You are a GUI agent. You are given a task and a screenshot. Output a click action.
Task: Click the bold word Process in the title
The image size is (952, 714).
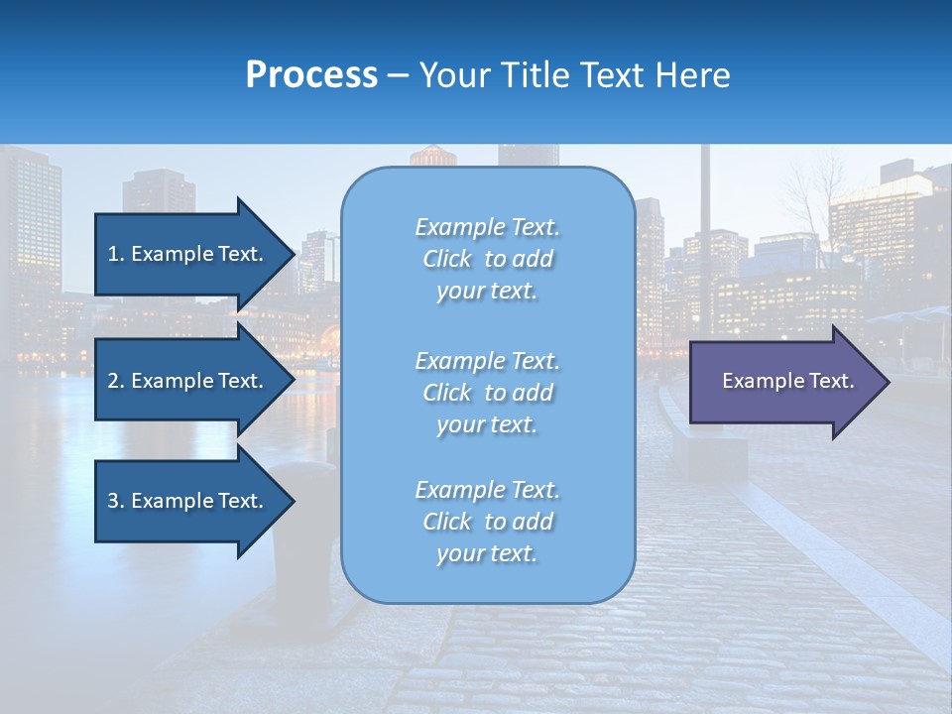(x=311, y=75)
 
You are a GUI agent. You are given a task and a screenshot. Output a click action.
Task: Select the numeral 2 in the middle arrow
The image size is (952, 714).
(x=113, y=381)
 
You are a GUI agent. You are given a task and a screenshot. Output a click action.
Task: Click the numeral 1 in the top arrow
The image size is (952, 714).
(x=113, y=254)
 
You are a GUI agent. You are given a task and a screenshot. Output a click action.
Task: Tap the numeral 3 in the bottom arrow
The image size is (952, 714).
(x=113, y=501)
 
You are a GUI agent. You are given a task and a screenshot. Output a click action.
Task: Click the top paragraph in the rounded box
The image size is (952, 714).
(x=487, y=259)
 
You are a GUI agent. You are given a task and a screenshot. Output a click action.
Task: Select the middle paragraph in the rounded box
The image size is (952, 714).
(x=487, y=393)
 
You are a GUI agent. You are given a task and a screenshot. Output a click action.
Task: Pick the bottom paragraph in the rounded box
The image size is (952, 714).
(x=487, y=522)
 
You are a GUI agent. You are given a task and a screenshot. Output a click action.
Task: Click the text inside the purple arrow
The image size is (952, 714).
(x=787, y=381)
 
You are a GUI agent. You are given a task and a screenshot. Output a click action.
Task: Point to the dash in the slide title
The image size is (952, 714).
(x=398, y=75)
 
